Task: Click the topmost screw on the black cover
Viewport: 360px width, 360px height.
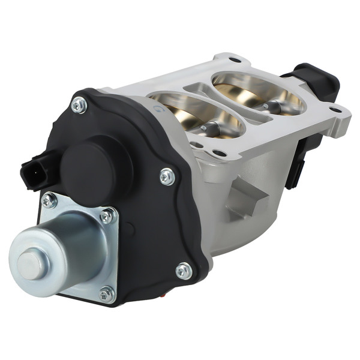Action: [x=79, y=106]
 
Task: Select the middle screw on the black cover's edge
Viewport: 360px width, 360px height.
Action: [x=167, y=176]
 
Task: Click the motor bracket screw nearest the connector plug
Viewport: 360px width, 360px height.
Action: [x=49, y=201]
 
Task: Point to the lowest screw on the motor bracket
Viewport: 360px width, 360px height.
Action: [x=107, y=293]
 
